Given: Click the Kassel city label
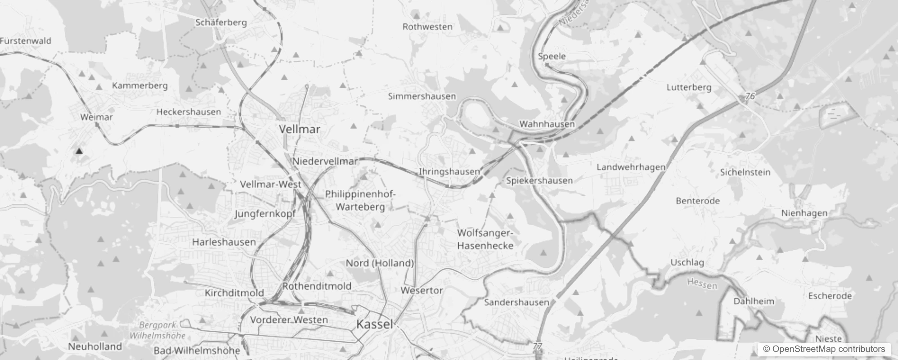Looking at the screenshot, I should (x=374, y=324).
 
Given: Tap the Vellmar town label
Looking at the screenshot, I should (x=300, y=130).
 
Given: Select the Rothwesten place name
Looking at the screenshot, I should (x=427, y=27).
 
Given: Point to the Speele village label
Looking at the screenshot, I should (x=552, y=56).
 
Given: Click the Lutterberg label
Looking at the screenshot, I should (x=689, y=87).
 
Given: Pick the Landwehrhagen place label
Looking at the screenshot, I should (x=631, y=167).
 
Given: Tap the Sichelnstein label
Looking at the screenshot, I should (x=745, y=172).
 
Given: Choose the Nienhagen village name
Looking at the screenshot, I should (x=804, y=213).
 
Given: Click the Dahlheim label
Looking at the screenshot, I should (x=754, y=301).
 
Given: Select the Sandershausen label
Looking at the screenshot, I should (x=516, y=302).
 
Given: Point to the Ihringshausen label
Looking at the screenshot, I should (x=449, y=171).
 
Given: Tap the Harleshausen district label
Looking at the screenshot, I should (x=224, y=242).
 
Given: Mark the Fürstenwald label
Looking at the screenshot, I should (x=26, y=41).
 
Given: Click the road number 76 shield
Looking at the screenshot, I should (x=750, y=96).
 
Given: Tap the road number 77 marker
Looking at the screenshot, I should (x=537, y=346).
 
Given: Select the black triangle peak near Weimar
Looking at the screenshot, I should (x=79, y=151).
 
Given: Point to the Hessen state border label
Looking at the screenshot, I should (x=702, y=283).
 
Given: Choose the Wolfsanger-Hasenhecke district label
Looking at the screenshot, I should (x=485, y=239).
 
